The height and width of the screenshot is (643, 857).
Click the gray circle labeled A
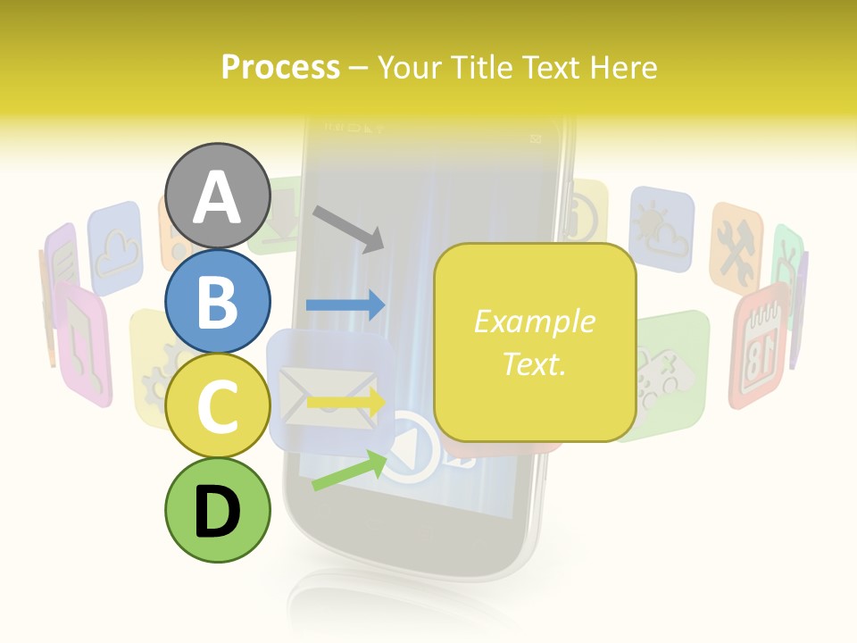(217, 196)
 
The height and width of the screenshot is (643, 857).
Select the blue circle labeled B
(217, 302)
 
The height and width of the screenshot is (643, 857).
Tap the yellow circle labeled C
(217, 406)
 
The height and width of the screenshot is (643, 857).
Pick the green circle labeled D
(217, 511)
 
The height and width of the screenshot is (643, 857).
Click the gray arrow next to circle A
(348, 229)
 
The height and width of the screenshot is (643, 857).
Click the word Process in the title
(280, 67)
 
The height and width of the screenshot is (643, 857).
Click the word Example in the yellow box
(534, 321)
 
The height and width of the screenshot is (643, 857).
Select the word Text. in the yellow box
(534, 363)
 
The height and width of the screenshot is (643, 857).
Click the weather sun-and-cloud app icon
(661, 228)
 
